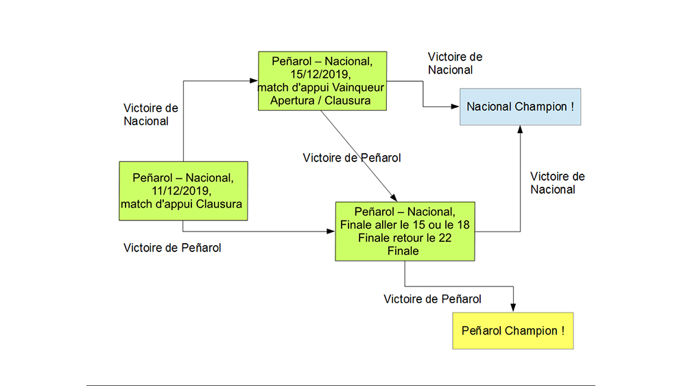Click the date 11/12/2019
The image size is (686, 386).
183,191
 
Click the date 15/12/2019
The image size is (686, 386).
322,74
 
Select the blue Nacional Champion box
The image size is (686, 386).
520,106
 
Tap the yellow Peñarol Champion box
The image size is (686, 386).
513,331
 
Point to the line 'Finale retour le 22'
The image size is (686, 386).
404,238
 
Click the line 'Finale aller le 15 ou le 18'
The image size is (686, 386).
404,225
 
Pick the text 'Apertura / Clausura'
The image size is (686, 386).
322,100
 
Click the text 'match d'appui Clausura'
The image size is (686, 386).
183,204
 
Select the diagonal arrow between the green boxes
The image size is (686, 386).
357,152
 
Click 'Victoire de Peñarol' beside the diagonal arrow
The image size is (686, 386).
351,158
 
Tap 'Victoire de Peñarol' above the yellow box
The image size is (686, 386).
432,299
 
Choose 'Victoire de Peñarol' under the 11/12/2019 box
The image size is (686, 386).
172,248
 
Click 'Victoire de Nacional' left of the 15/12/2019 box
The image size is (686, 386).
150,115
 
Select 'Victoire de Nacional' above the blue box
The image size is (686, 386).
455,63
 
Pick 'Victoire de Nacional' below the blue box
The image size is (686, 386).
557,183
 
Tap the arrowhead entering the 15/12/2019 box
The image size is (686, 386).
254,81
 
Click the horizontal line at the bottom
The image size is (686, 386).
340,385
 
